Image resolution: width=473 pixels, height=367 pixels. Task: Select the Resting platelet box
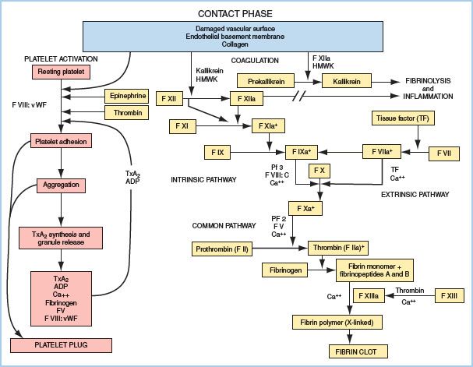[62, 72]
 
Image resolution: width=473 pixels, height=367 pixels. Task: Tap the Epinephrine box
[126, 96]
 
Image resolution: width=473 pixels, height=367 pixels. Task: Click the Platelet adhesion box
[60, 141]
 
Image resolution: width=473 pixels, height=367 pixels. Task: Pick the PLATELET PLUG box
[62, 344]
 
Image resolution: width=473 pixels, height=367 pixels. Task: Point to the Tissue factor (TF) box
[401, 118]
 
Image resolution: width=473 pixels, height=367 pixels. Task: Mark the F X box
[318, 170]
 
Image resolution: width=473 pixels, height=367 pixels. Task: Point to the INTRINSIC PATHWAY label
[203, 180]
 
